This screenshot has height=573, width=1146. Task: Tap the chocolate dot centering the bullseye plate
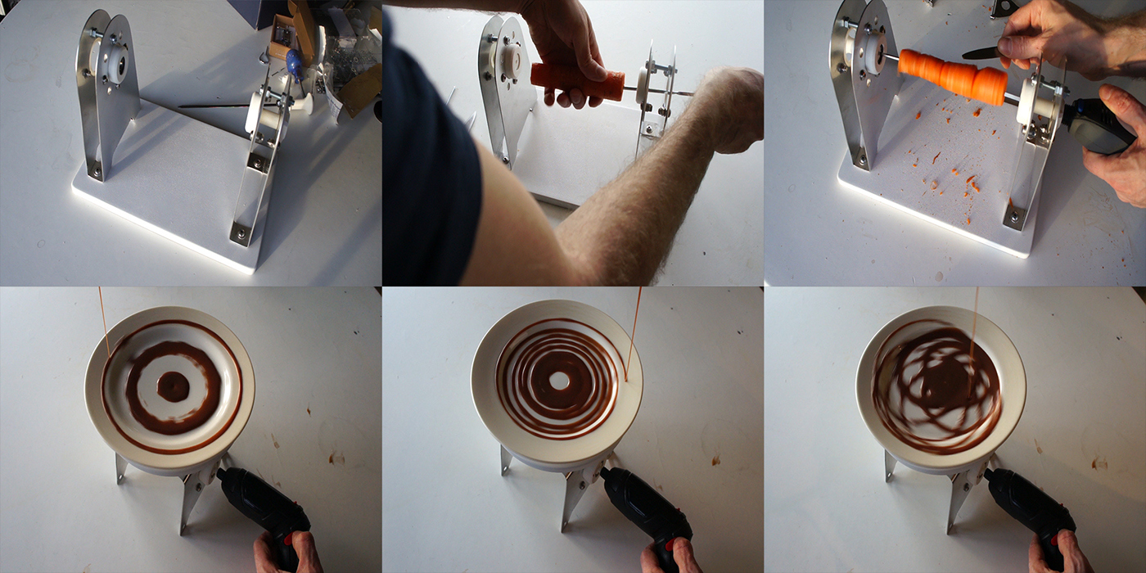[x=172, y=386]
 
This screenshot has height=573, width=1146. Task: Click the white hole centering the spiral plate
[x=559, y=381]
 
